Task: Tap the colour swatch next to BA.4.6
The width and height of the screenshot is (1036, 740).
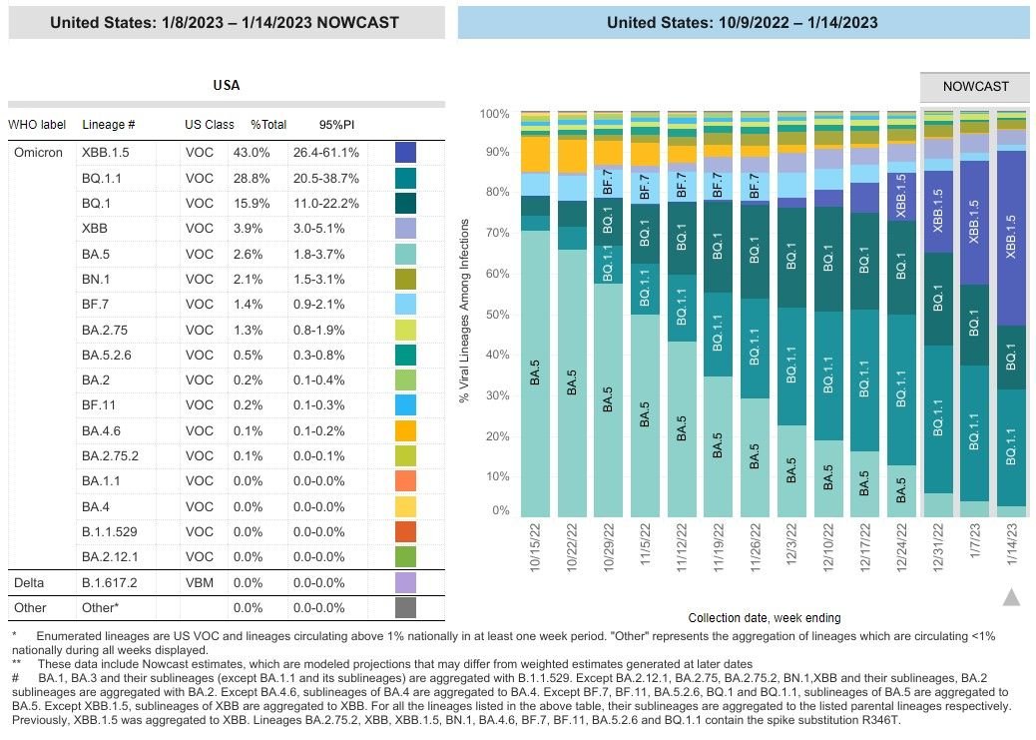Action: click(405, 430)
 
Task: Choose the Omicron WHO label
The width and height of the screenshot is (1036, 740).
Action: click(39, 153)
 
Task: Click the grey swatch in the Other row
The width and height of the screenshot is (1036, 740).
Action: click(405, 607)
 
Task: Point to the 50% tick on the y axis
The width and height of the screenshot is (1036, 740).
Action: click(496, 315)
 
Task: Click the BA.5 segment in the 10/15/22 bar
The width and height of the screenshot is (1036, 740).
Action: click(536, 379)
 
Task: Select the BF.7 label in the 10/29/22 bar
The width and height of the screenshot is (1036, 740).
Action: click(610, 183)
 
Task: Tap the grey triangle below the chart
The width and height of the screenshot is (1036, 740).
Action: click(1011, 597)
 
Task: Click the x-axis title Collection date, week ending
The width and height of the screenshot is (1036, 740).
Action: click(764, 618)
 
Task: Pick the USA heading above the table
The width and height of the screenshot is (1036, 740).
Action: click(227, 86)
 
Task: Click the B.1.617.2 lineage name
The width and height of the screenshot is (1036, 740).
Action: click(108, 582)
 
